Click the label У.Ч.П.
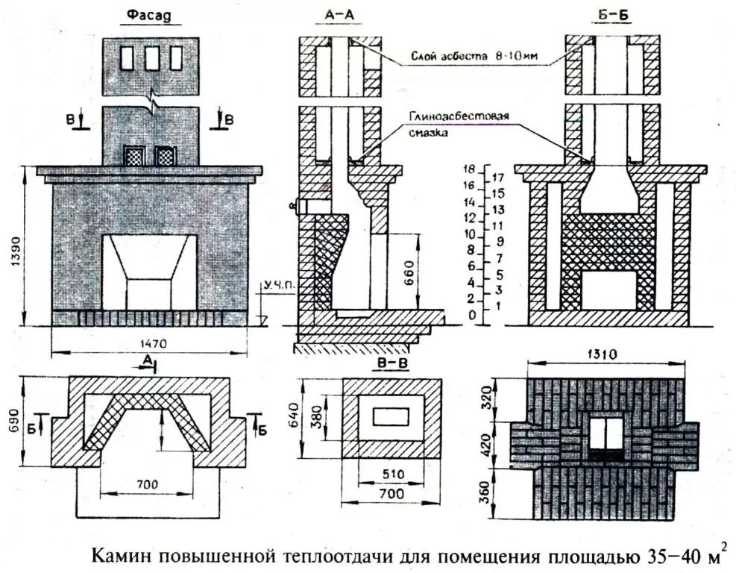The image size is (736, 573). [x=274, y=286]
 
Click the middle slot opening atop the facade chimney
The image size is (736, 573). [x=151, y=57]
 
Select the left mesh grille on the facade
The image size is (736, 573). [x=135, y=155]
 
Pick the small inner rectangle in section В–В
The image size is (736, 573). [x=391, y=416]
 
